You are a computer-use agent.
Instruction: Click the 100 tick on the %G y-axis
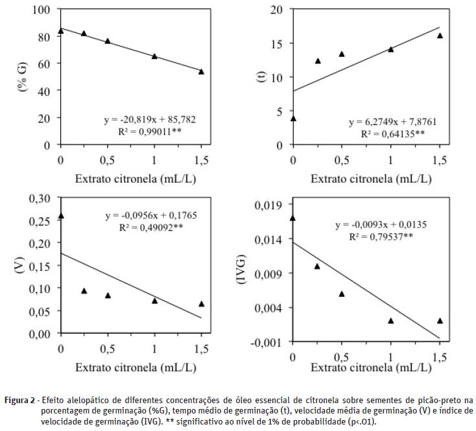pyautogui.click(x=43, y=10)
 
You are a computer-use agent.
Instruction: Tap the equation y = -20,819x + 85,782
pyautogui.click(x=150, y=120)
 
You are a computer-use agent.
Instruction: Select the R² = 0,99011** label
pyautogui.click(x=150, y=132)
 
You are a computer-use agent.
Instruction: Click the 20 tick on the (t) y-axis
pyautogui.click(x=277, y=10)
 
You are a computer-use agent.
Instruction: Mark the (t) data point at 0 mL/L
pyautogui.click(x=293, y=118)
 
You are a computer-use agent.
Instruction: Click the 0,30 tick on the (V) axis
pyautogui.click(x=38, y=198)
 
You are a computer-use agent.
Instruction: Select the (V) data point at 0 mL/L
pyautogui.click(x=61, y=216)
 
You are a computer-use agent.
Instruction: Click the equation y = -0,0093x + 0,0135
pyautogui.click(x=381, y=226)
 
